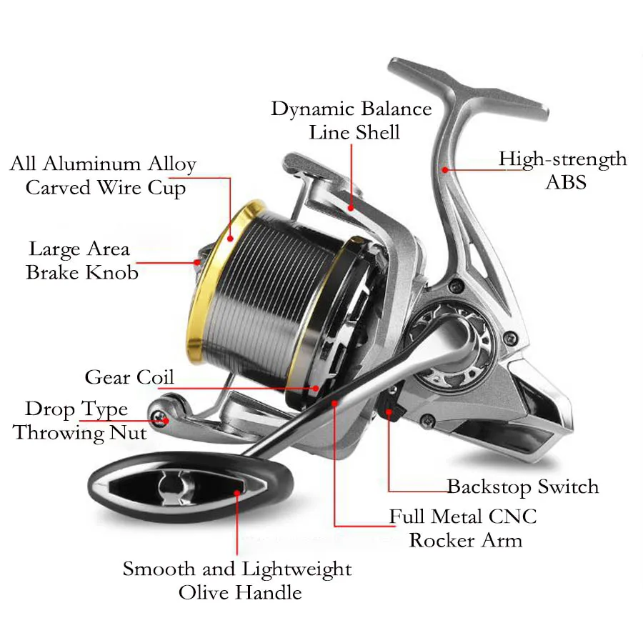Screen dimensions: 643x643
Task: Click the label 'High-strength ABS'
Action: pos(562,169)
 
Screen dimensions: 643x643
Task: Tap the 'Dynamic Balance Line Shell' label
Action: pos(352,120)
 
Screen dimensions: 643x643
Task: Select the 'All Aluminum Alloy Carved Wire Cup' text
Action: pos(104,176)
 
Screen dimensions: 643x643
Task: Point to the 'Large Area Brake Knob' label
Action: pos(81,261)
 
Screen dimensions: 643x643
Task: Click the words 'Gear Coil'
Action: pos(129,377)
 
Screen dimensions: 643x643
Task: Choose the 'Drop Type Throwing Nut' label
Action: pos(79,421)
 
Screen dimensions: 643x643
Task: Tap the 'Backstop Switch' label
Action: pos(522,487)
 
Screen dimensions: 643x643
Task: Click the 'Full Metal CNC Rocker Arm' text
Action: pos(463,527)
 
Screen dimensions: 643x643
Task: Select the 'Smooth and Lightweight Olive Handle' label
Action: pos(238,580)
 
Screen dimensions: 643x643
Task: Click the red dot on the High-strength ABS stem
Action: pos(444,170)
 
